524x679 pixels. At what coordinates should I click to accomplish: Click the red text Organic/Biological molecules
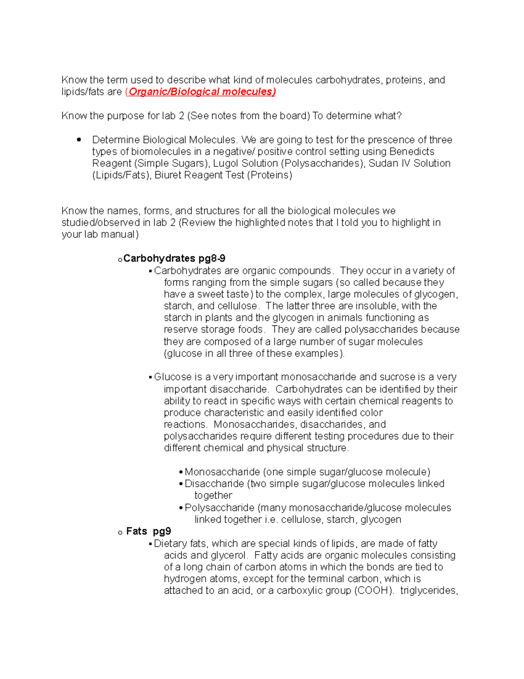coord(202,92)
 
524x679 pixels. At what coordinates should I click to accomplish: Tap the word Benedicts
coord(412,152)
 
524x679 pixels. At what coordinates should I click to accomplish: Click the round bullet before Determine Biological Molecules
coord(79,140)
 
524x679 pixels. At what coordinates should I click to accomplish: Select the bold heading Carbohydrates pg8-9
coord(174,258)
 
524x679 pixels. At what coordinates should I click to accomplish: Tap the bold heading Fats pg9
coord(148,531)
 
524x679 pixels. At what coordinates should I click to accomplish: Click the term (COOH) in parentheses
coord(372,591)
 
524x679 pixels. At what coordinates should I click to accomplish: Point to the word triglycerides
coord(429,591)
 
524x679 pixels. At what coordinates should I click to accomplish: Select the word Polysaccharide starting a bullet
coord(219,508)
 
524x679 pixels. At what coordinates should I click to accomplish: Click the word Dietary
coord(170,543)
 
